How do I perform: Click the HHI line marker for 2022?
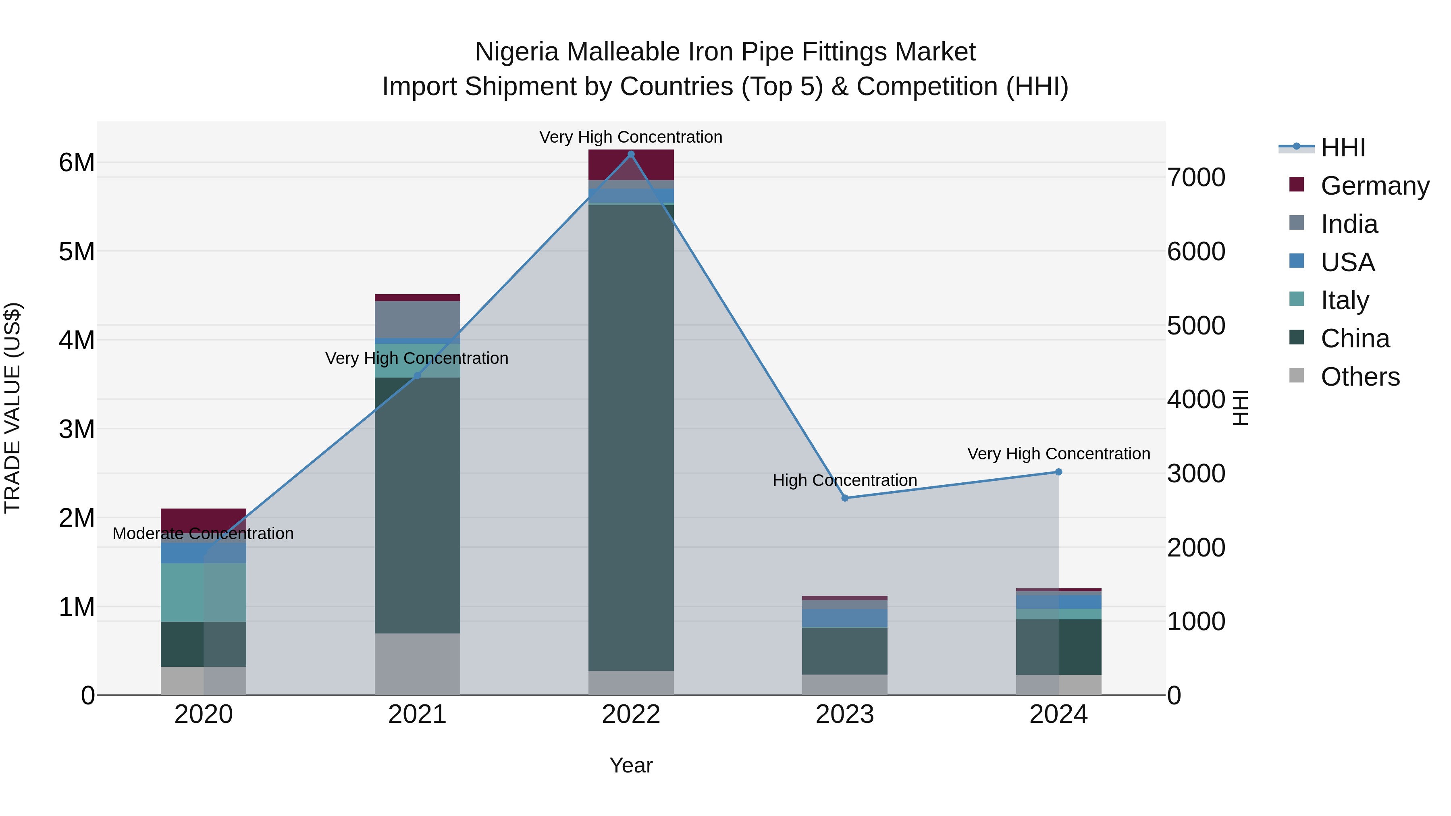click(631, 154)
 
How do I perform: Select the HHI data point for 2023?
click(844, 498)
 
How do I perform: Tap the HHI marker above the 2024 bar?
click(1058, 472)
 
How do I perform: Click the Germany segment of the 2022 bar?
click(631, 165)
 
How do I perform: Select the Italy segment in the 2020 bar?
click(204, 592)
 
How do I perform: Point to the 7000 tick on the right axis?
click(1195, 177)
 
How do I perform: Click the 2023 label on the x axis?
click(844, 714)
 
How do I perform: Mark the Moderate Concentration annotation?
click(204, 533)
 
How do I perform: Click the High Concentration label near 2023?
click(844, 480)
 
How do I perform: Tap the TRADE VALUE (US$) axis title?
click(12, 408)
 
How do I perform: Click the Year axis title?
click(631, 765)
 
